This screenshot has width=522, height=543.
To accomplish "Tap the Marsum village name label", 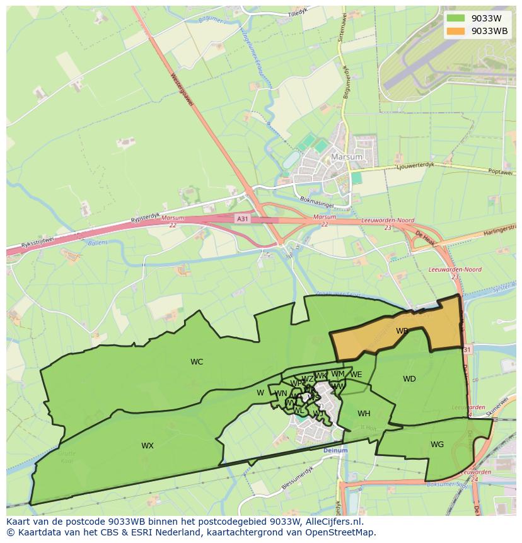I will click(347, 157).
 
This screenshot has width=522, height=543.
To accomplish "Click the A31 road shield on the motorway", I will click(241, 218).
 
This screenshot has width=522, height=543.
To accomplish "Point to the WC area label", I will click(197, 362).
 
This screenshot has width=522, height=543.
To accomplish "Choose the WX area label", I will click(148, 446).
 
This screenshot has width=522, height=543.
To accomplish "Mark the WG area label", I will click(437, 445).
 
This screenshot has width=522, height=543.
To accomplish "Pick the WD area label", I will click(409, 379).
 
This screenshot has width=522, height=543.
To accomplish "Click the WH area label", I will click(364, 414).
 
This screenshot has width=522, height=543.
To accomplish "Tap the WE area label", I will click(356, 375).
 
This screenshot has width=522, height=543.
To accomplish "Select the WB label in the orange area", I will click(402, 330).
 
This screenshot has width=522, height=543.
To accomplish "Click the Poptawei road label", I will click(502, 171).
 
